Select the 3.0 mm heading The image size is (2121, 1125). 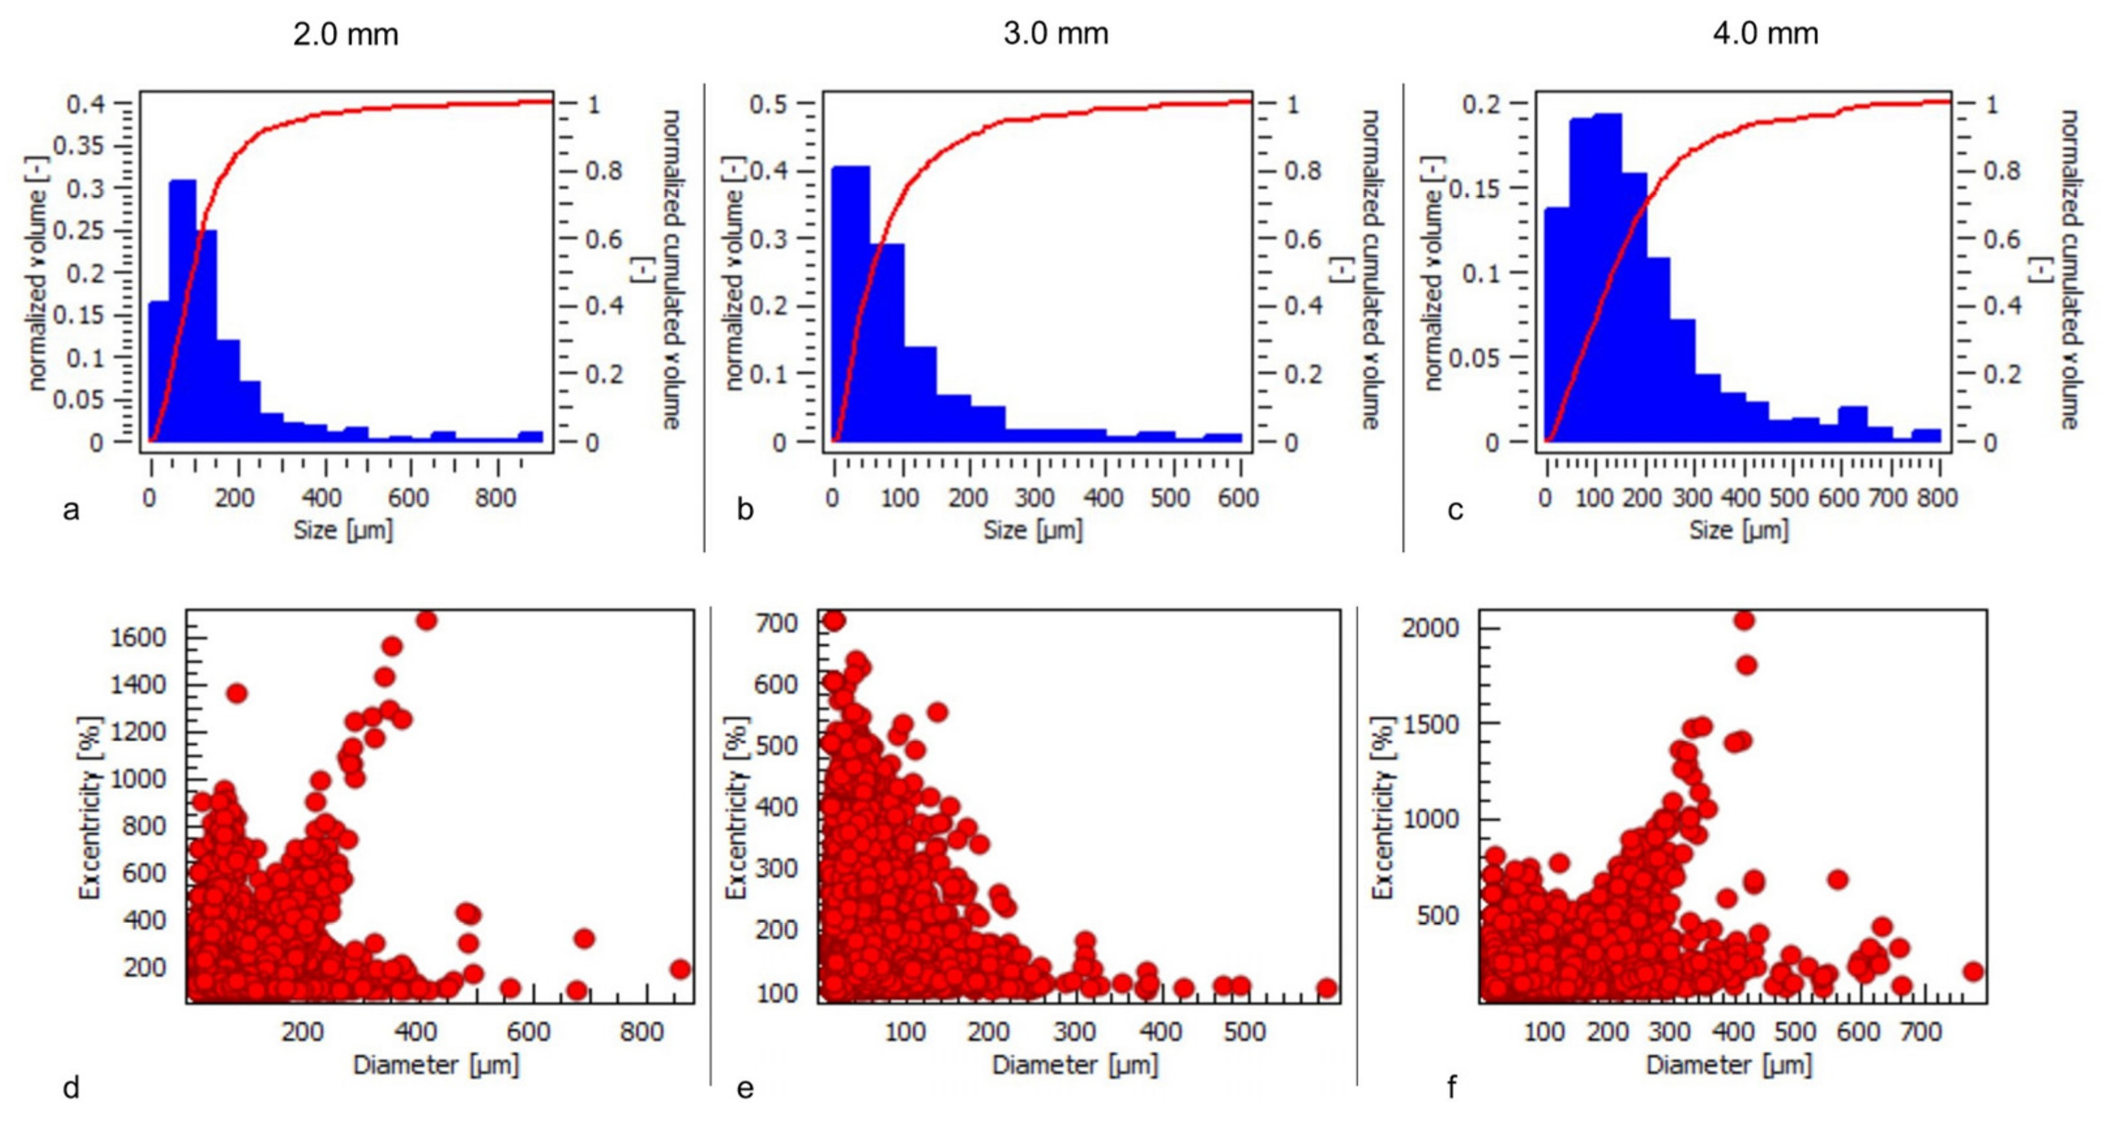(1055, 34)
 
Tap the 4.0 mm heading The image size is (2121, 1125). (1764, 34)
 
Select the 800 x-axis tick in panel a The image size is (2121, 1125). (496, 498)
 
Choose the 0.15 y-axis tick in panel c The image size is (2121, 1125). (1473, 189)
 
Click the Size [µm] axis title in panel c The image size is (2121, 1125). (1739, 530)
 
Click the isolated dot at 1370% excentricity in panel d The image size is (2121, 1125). (237, 694)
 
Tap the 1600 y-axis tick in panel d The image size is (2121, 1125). (138, 637)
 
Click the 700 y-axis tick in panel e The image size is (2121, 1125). (777, 623)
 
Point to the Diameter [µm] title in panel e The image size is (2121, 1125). (1074, 1065)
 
